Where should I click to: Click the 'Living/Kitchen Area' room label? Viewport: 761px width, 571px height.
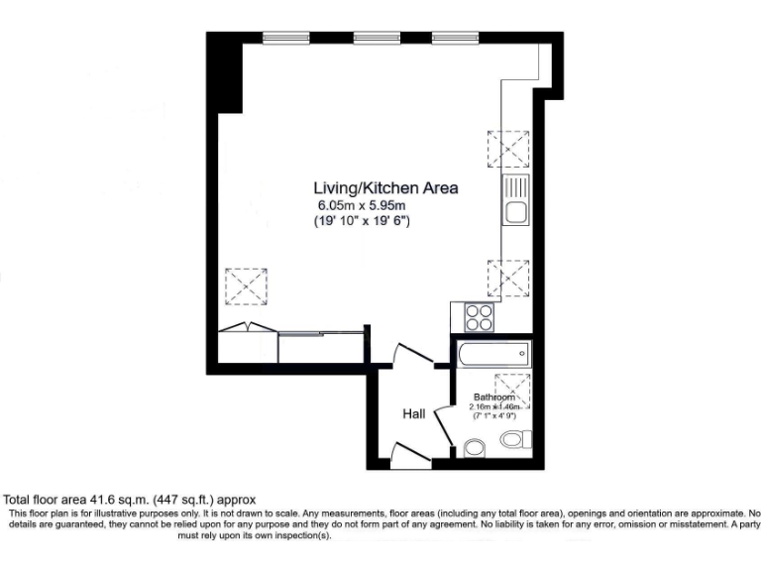[385, 187]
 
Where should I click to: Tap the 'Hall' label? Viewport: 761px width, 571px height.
[414, 413]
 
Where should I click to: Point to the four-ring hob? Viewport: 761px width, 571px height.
[479, 317]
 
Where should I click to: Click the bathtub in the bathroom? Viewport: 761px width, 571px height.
[493, 352]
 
